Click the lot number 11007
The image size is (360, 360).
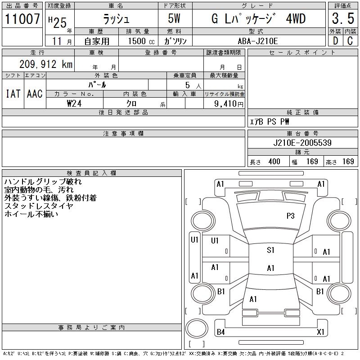point(22,19)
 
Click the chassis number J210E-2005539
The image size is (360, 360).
point(302,143)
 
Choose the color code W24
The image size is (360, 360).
point(75,103)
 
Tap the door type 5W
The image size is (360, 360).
point(175,19)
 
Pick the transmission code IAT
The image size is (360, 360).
point(13,94)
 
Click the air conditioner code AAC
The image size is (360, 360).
point(34,94)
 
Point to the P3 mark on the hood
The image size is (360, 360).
point(290,216)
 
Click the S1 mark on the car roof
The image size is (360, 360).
point(270,250)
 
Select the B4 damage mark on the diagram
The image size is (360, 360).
point(220,332)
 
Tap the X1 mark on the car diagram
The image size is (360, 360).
point(320,332)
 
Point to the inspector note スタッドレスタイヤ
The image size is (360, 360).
point(39,206)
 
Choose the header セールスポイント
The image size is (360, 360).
point(302,53)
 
